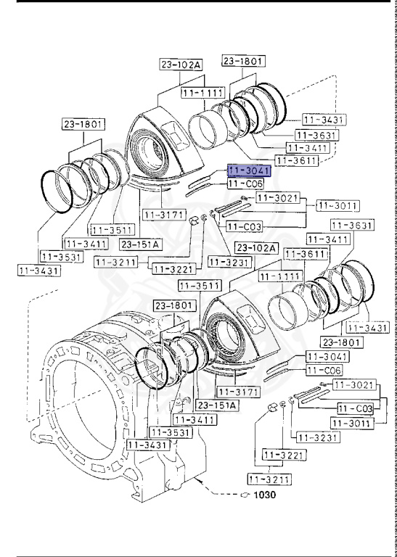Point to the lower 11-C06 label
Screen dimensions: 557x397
coord(324,371)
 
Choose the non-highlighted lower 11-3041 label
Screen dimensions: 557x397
coord(327,357)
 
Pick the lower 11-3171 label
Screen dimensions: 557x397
coord(239,392)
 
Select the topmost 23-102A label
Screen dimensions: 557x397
coord(181,65)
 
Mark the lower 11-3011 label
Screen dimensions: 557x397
coord(352,422)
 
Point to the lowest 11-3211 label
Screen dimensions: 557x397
coord(268,479)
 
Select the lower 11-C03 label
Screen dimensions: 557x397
coord(355,409)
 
